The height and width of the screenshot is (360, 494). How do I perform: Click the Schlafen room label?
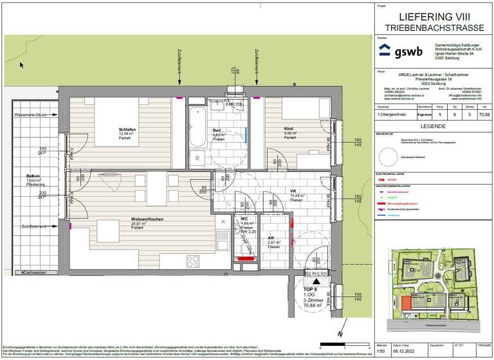(127, 129)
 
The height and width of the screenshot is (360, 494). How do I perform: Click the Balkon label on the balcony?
(33, 175)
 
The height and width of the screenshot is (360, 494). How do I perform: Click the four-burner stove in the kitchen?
(192, 261)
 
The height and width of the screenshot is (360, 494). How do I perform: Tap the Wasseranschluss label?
(32, 115)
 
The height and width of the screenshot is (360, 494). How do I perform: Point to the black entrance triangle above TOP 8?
(315, 280)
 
